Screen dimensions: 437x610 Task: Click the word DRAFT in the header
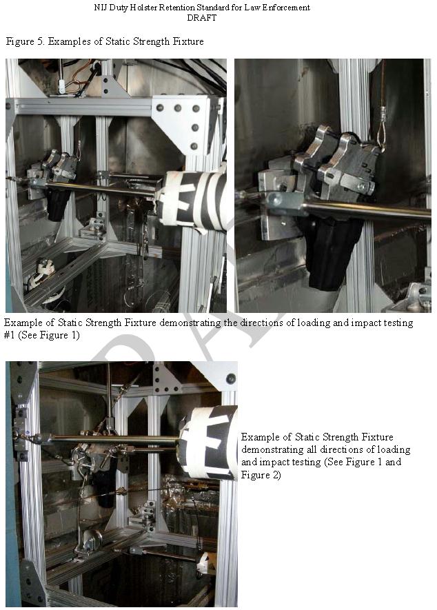pos(201,17)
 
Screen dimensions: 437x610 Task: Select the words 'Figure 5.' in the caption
pos(26,41)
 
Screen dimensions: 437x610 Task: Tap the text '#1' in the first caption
pos(9,335)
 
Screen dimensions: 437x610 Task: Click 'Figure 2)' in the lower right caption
pos(261,475)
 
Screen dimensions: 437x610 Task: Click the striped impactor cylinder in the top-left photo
pos(192,201)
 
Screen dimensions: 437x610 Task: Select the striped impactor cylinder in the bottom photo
pos(207,443)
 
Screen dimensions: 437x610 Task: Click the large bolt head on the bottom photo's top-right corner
pos(231,378)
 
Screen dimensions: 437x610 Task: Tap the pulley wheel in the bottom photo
pos(92,541)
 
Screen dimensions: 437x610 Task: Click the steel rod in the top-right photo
pos(366,210)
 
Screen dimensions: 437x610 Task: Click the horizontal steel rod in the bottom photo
pos(113,440)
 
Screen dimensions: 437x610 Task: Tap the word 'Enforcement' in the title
pos(287,7)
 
